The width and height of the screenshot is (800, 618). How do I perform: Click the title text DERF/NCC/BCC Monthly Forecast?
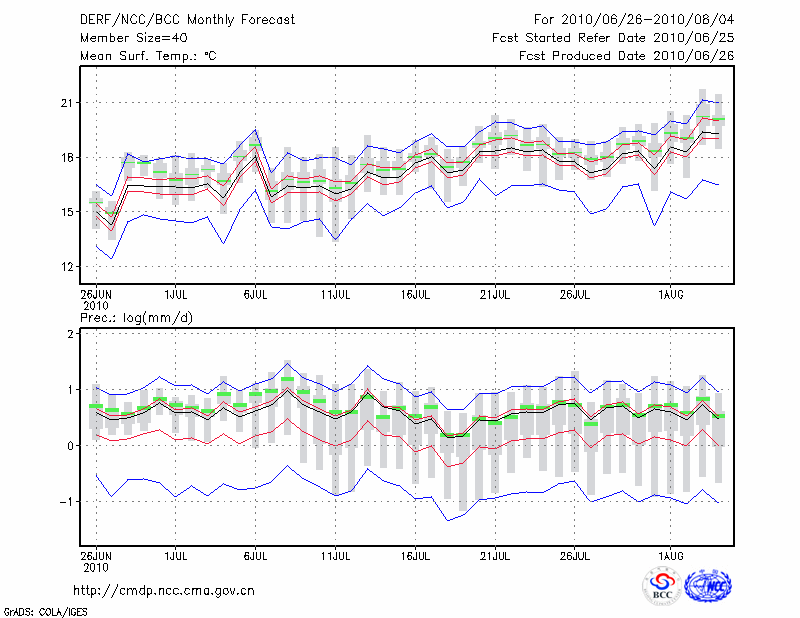click(173, 19)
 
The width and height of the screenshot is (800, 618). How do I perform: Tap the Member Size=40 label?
click(125, 38)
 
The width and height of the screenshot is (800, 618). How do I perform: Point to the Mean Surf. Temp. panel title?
click(149, 56)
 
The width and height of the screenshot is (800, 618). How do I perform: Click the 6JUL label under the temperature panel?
click(256, 296)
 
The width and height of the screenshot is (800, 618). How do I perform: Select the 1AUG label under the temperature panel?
click(670, 296)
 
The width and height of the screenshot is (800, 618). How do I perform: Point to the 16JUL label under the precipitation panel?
click(415, 554)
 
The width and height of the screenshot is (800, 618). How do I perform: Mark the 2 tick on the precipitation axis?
click(72, 334)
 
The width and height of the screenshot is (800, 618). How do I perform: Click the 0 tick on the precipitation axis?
click(72, 446)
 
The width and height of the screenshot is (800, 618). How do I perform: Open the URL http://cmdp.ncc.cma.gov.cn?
click(165, 590)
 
